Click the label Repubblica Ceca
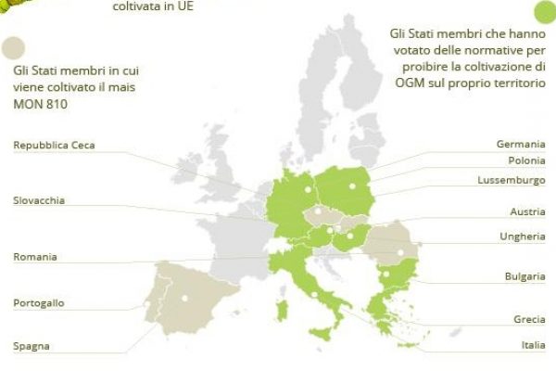(54, 145)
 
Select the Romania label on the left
(35, 256)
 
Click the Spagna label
(32, 347)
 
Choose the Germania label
(520, 145)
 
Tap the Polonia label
(525, 160)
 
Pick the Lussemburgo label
(512, 179)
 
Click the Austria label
(527, 212)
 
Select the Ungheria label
(523, 237)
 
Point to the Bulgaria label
(524, 276)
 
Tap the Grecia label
(529, 319)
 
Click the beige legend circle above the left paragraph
(14, 46)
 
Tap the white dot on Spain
(184, 298)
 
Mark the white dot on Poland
(352, 185)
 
